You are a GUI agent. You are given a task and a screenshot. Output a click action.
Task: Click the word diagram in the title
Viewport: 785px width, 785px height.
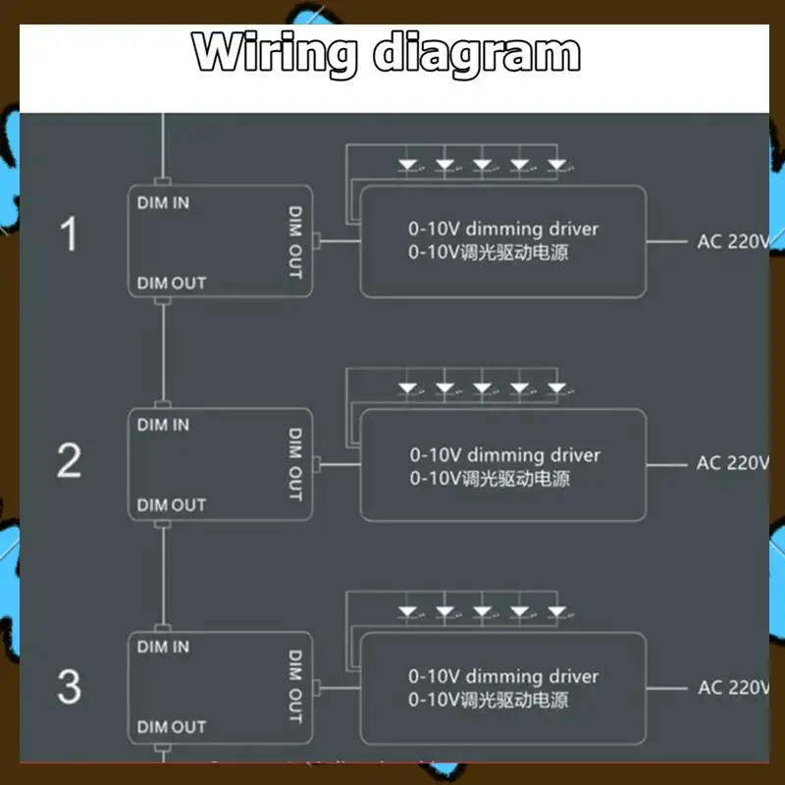click(478, 55)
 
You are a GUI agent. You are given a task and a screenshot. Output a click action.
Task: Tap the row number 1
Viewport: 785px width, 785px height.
click(69, 235)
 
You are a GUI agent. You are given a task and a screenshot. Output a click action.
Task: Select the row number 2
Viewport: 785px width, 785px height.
click(69, 459)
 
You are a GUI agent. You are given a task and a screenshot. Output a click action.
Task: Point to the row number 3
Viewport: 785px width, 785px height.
click(69, 686)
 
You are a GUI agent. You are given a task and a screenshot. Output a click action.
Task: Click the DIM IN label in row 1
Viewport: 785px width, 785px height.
click(164, 203)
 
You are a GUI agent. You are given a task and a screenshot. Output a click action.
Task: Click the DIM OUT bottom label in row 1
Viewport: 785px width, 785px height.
click(172, 283)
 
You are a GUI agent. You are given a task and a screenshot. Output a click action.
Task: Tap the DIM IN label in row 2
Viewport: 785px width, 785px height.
click(164, 425)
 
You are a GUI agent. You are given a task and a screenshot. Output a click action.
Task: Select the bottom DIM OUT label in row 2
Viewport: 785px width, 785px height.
click(172, 504)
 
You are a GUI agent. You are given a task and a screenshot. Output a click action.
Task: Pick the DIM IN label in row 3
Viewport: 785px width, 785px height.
click(164, 647)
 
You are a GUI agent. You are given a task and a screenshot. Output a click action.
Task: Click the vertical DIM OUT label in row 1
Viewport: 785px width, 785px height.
click(294, 241)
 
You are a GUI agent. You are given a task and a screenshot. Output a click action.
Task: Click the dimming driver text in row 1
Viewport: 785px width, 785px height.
click(529, 229)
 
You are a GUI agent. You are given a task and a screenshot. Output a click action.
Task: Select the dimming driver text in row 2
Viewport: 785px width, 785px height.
click(530, 454)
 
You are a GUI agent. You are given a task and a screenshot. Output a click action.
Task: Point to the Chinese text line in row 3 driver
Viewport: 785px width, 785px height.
click(489, 701)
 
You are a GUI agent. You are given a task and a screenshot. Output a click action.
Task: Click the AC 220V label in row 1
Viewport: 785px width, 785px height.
click(732, 241)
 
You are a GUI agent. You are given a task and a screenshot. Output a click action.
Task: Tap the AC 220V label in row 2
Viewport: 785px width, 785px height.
click(732, 463)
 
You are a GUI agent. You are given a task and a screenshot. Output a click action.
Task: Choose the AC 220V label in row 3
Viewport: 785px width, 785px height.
click(732, 687)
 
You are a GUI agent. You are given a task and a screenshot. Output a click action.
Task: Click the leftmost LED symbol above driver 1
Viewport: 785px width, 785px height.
click(408, 165)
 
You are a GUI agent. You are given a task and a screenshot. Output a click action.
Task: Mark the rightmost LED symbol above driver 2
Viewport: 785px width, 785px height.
click(557, 389)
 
